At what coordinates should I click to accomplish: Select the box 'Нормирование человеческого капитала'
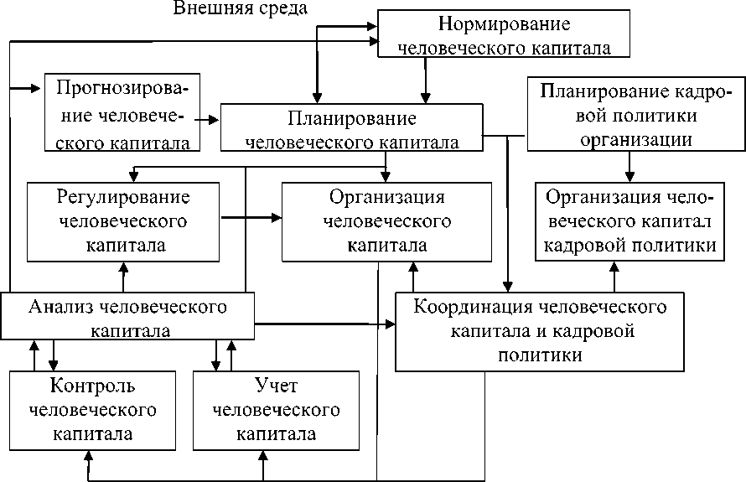click(x=503, y=34)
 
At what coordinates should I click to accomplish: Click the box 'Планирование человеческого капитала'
click(x=351, y=128)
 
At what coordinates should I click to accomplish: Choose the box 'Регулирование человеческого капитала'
click(x=123, y=222)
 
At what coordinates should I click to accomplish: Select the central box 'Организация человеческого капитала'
click(x=386, y=222)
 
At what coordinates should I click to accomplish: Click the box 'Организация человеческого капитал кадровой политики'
click(x=629, y=221)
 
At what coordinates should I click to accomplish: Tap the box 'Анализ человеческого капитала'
click(x=127, y=317)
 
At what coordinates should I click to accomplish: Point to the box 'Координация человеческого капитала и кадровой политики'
click(x=541, y=330)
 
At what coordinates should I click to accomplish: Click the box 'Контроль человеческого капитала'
click(x=92, y=410)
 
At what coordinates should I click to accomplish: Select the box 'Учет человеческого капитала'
click(x=276, y=410)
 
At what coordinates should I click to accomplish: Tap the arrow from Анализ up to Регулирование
click(x=124, y=277)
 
